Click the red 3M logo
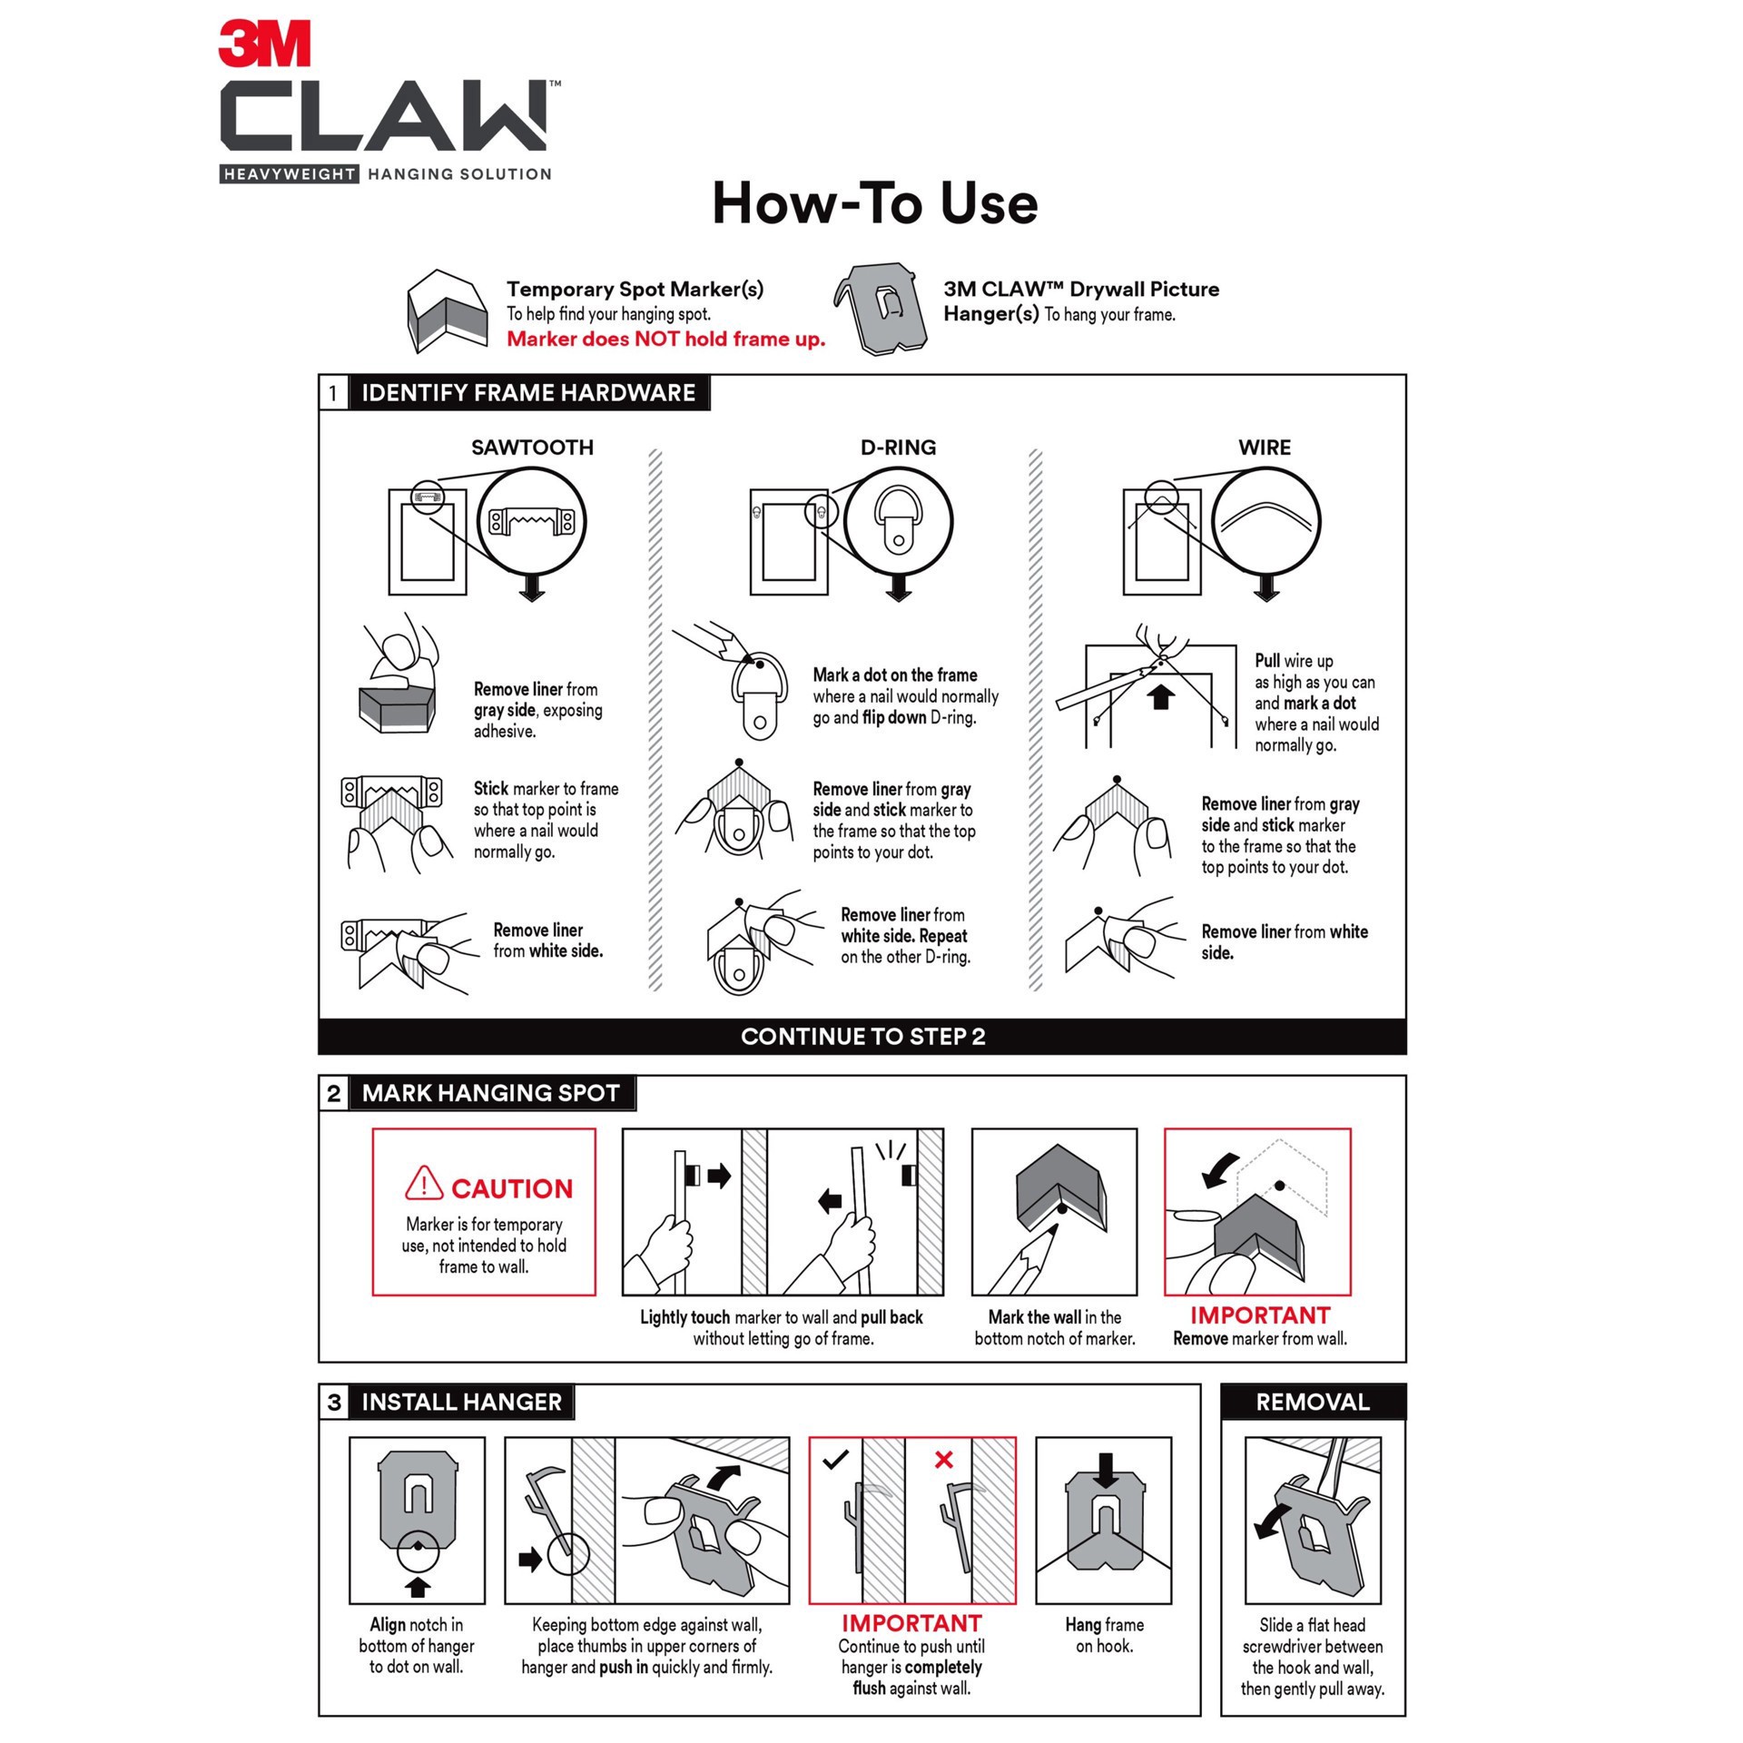[264, 44]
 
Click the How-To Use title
[874, 203]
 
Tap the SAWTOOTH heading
[532, 448]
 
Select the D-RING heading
[898, 448]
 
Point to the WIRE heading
[1264, 448]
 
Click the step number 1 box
[333, 393]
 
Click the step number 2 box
[333, 1093]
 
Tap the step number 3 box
[333, 1403]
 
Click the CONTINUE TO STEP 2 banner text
[862, 1037]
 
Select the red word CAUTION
[512, 1188]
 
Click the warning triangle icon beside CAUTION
[424, 1183]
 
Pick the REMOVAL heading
[1312, 1403]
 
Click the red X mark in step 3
[943, 1459]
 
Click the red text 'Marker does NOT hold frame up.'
[665, 340]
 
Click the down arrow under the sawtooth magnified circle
[532, 590]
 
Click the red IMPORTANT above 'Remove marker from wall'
[1260, 1315]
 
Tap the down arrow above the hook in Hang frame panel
[1105, 1470]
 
